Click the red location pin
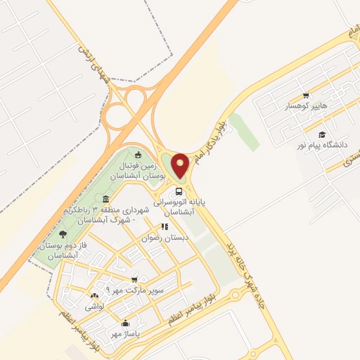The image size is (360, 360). coord(181,165)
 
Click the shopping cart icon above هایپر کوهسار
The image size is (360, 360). coord(306,96)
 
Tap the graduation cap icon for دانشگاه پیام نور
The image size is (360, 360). coord(322,134)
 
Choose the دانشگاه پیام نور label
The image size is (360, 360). coord(322,144)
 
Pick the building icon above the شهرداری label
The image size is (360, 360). coord(105,199)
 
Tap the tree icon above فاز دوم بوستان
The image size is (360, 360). coord(63,234)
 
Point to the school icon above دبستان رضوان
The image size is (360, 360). coord(165,227)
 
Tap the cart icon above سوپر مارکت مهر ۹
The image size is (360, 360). coord(134,279)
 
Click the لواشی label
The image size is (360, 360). coord(94,307)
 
